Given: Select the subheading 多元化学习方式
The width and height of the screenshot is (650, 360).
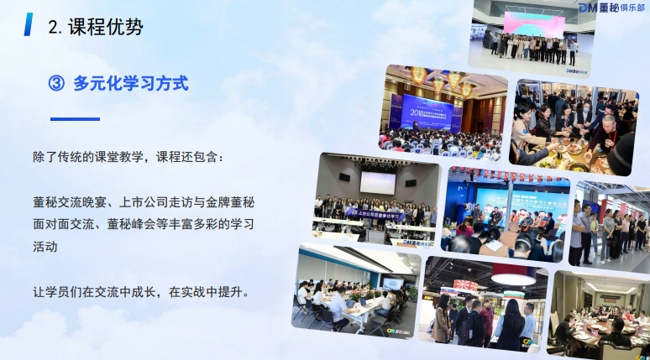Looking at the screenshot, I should point(130,84).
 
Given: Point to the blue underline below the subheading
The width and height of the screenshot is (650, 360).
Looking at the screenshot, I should point(75,119).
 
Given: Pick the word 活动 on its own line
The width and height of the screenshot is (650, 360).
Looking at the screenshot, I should point(45,247).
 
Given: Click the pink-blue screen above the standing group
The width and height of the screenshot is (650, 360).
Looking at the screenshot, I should point(533,23).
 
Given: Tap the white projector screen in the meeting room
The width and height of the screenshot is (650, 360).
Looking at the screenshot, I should point(377,181).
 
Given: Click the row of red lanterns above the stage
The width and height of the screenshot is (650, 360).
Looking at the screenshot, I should point(504,175).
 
